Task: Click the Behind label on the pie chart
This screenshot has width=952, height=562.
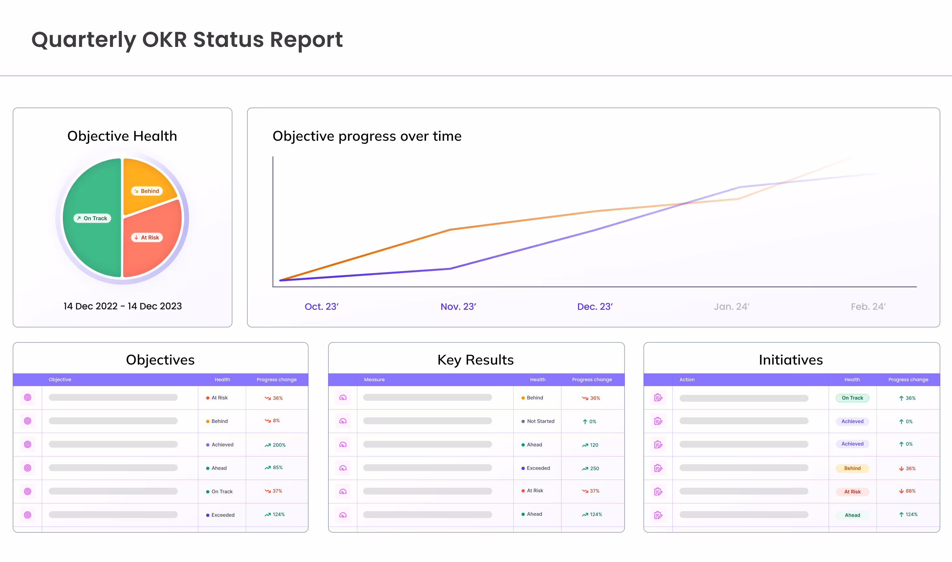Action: pyautogui.click(x=147, y=191)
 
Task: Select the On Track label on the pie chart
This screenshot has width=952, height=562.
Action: pyautogui.click(x=92, y=218)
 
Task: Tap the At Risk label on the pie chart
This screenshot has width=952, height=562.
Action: pyautogui.click(x=147, y=238)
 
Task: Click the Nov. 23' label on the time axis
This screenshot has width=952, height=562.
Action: pyautogui.click(x=458, y=306)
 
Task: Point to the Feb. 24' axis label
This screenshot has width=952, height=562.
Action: pyautogui.click(x=868, y=306)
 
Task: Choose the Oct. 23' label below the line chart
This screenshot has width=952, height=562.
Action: pyautogui.click(x=322, y=306)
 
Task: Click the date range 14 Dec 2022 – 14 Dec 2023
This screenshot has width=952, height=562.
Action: pyautogui.click(x=123, y=306)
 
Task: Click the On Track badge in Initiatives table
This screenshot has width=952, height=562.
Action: pyautogui.click(x=852, y=398)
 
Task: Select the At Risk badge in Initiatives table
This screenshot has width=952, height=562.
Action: pyautogui.click(x=852, y=492)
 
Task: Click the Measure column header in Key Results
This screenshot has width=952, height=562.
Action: pyautogui.click(x=374, y=380)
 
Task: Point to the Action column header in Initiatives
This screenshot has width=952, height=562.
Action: pyautogui.click(x=687, y=380)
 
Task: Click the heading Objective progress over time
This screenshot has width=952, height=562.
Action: pyautogui.click(x=367, y=136)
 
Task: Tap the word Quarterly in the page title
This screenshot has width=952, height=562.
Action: pyautogui.click(x=84, y=40)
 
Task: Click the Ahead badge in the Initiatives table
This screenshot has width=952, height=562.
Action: pyautogui.click(x=852, y=515)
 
